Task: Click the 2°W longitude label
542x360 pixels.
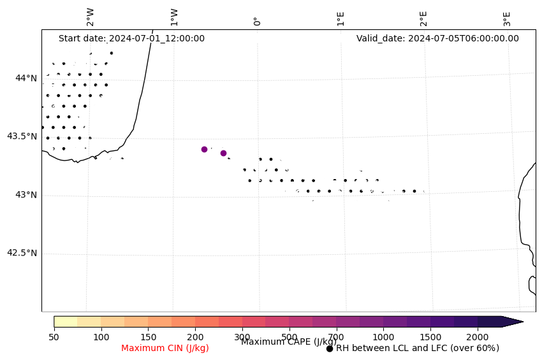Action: pos(91,17)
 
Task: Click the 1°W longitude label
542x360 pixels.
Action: pos(174,17)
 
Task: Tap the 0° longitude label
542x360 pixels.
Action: pos(257,21)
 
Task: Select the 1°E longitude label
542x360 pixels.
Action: pos(341,18)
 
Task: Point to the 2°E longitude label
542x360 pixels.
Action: pos(423,18)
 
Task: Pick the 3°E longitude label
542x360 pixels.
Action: pos(507,18)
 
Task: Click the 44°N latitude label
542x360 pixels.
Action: pos(26,78)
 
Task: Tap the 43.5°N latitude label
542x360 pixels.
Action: pos(22,136)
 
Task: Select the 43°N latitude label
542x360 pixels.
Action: pos(26,195)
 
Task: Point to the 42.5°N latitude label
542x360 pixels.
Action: pos(22,253)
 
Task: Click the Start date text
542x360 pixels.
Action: pos(131,38)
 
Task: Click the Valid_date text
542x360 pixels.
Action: pos(437,38)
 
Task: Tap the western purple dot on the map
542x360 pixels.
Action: pos(204,149)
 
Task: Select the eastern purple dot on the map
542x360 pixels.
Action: pos(223,153)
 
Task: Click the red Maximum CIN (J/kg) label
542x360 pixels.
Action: pos(165,348)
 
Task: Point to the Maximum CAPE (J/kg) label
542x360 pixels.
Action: pos(288,342)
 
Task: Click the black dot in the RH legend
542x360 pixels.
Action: pos(330,349)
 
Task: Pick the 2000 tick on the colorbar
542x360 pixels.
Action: pos(478,336)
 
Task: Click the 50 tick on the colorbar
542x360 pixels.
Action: pos(54,336)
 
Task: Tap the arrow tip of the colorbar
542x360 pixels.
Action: pos(523,322)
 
